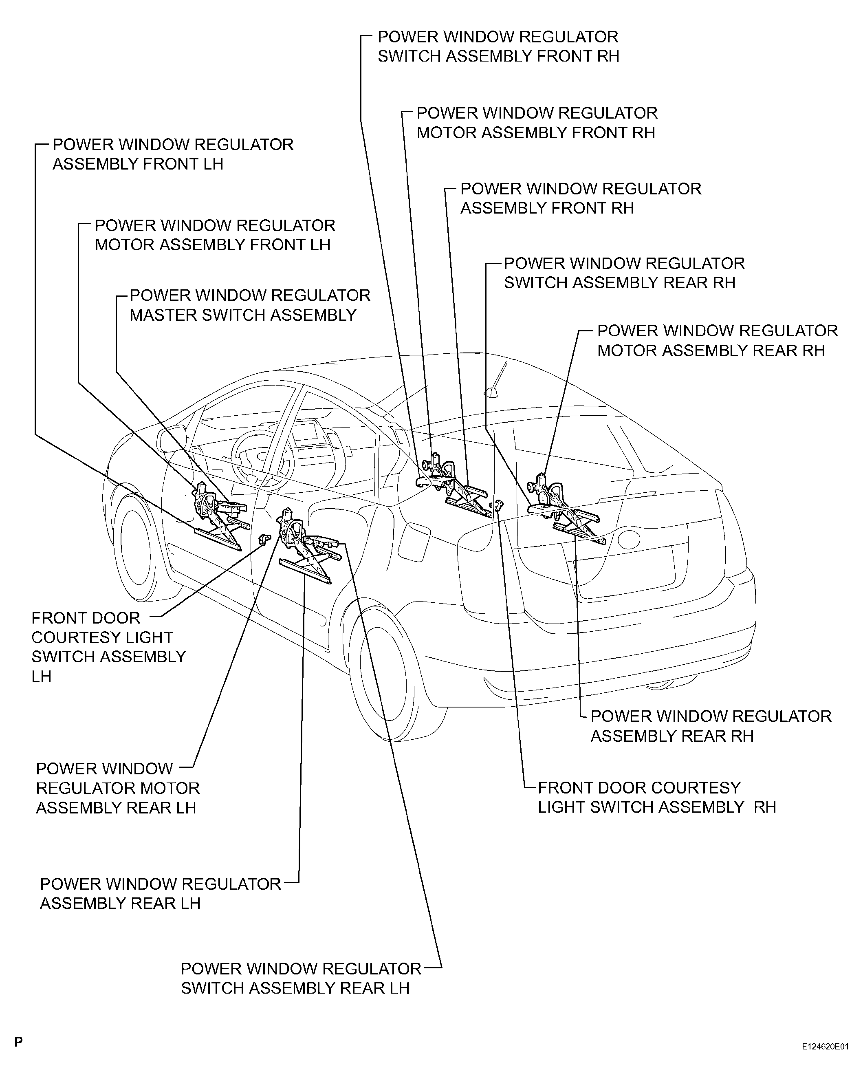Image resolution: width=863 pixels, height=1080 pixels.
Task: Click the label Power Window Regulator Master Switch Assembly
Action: [249, 305]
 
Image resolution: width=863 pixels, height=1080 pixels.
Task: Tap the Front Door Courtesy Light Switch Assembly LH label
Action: [108, 647]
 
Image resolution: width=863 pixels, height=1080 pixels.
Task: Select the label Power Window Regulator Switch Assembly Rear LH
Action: [301, 978]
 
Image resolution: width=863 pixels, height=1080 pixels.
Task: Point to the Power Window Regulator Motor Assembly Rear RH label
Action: [716, 341]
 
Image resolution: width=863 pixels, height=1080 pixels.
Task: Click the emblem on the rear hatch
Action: [629, 540]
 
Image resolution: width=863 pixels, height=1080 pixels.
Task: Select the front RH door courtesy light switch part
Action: [498, 505]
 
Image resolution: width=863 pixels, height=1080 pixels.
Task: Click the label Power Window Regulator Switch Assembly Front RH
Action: [498, 46]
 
